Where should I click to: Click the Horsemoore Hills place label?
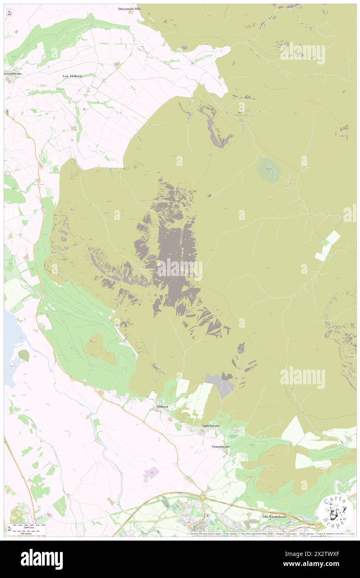(129, 8)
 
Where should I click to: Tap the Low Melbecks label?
(73, 76)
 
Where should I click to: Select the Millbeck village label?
(161, 406)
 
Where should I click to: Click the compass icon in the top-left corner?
(9, 13)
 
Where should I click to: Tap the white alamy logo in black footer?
(42, 559)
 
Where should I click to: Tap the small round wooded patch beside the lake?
(24, 355)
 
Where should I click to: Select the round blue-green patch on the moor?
(269, 169)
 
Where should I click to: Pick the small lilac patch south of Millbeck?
(151, 473)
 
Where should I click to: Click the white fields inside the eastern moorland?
(328, 245)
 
